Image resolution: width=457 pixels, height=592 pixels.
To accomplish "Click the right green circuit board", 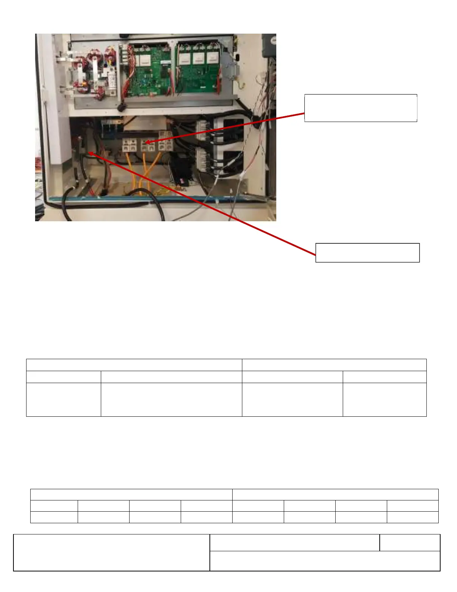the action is tap(199, 70).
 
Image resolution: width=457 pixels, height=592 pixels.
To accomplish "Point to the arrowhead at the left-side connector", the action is tap(90, 152).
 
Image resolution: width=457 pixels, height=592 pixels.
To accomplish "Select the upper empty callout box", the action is tap(360, 108).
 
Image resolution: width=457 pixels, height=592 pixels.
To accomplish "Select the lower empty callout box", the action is tap(367, 253).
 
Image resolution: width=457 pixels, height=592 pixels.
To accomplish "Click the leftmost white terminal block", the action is tap(129, 145).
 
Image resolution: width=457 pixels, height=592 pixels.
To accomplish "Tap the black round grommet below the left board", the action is tap(121, 107).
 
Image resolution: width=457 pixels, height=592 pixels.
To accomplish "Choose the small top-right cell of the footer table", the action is tap(410, 543).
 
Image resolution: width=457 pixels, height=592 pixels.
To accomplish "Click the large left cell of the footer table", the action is tap(112, 552).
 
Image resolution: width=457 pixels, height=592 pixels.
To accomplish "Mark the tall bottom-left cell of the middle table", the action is tap(63, 399).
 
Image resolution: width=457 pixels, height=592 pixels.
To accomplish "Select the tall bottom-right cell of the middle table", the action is tap(384, 399).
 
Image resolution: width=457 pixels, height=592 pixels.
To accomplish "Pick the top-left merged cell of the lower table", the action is tap(131, 494).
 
